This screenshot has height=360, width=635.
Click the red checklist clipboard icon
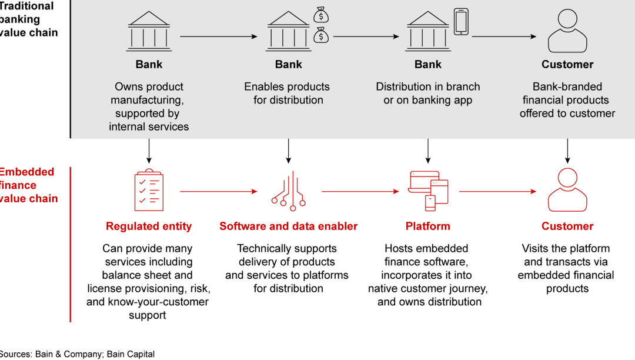coord(149,191)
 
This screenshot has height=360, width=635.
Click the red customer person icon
coord(567,191)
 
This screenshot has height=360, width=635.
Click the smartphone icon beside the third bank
coord(461,22)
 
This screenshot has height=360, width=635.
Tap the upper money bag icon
coord(320,14)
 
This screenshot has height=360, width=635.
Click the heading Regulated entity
coord(149,226)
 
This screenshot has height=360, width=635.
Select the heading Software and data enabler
coord(288,226)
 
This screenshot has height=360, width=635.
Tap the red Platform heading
coord(428,226)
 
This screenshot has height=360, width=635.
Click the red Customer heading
coord(567,226)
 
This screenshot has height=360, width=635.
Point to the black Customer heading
coord(567,65)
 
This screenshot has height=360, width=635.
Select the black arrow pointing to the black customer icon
coord(504,36)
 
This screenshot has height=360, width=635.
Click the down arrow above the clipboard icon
coord(149,151)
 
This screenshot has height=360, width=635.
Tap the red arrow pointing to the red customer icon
coord(497,191)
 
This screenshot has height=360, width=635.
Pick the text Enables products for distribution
coord(288,94)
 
